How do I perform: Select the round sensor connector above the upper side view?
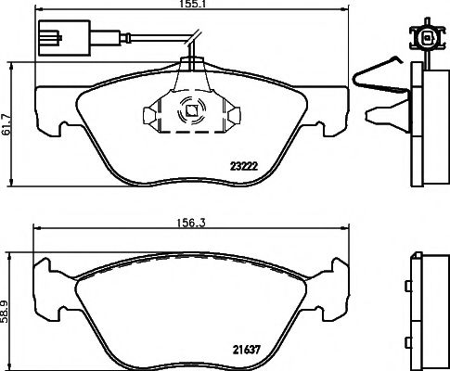(429, 39)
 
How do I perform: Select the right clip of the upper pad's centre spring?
(233, 115)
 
